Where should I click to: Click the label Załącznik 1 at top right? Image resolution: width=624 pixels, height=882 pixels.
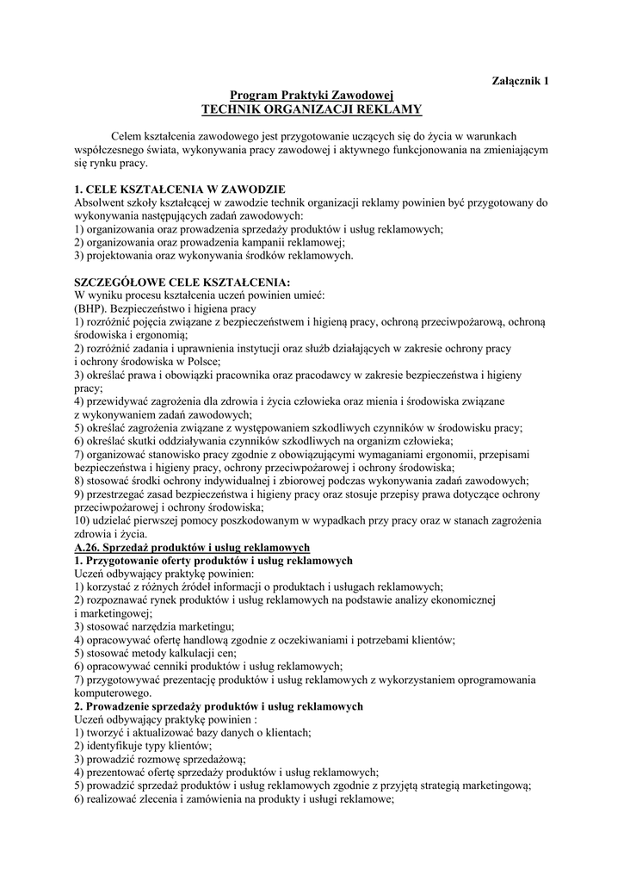tap(520, 81)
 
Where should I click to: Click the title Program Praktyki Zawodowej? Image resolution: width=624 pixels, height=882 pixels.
tap(311, 95)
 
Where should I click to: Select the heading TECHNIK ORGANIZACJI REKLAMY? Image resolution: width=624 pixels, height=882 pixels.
tap(311, 109)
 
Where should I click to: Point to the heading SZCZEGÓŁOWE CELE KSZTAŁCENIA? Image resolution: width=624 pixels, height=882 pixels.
tap(182, 282)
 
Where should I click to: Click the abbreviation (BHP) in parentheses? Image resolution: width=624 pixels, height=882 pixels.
tap(92, 307)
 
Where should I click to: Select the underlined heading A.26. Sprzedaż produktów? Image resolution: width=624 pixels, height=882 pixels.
tap(192, 547)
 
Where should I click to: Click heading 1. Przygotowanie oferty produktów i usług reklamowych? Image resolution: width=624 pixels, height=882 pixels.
tap(213, 560)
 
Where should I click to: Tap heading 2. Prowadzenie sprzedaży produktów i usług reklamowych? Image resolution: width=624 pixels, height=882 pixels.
tap(219, 705)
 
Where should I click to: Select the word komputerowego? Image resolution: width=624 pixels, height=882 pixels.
tap(113, 693)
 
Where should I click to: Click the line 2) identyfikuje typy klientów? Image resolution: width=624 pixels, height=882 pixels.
tap(143, 745)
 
